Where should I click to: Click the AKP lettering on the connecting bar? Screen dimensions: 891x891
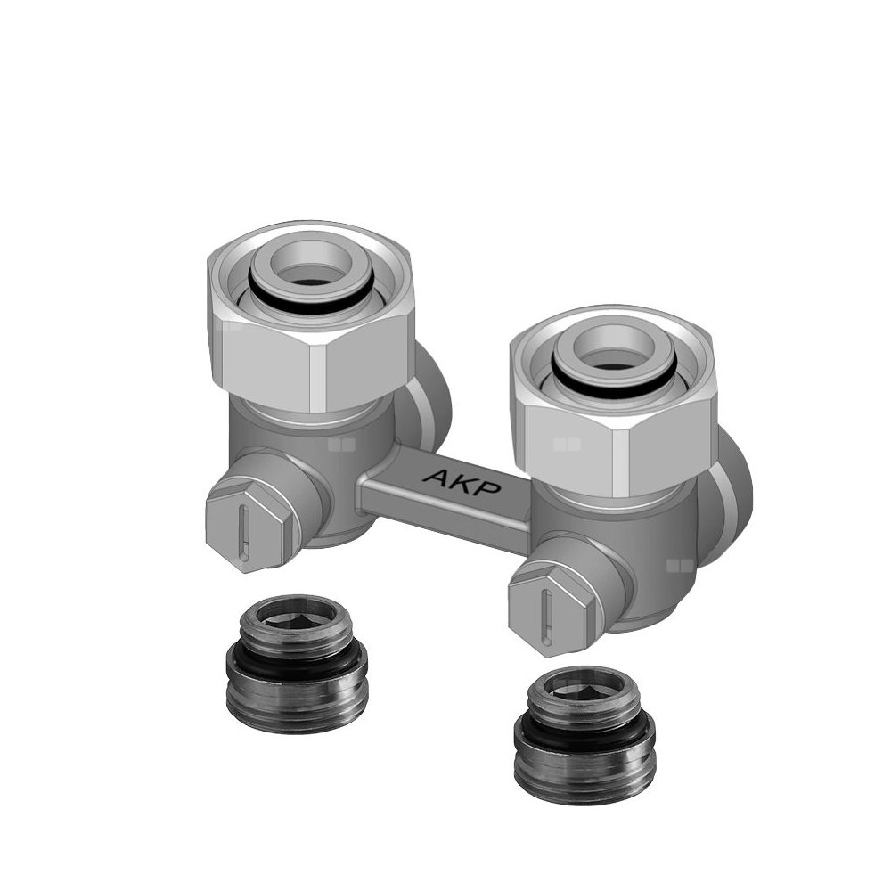[x=462, y=482]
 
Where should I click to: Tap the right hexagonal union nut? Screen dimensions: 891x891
[x=613, y=401]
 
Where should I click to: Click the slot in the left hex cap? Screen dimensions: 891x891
[x=244, y=533]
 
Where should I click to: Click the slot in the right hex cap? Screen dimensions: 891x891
[x=547, y=617]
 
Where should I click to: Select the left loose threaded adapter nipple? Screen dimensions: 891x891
[x=297, y=664]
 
